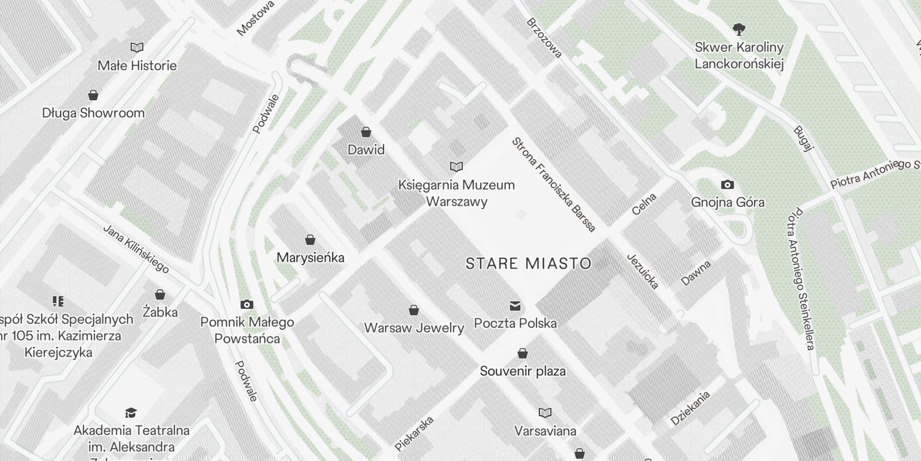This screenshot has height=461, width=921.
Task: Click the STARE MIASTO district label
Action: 528,264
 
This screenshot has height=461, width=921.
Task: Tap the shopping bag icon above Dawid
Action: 366,132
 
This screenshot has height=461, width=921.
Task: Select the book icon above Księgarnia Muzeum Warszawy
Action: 456,167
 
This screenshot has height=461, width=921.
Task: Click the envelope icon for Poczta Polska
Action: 515,305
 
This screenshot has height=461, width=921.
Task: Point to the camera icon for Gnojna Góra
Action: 728,184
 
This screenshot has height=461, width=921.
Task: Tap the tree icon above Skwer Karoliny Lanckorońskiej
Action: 739,29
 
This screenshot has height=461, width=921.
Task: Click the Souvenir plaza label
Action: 523,371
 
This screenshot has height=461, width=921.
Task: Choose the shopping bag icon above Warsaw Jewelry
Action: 413,311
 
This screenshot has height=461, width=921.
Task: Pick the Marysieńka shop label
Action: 310,258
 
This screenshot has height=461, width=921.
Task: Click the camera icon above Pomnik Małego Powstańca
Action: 247,304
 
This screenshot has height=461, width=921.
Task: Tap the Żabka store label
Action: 160,312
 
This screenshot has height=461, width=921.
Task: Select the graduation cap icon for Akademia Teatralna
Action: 131,413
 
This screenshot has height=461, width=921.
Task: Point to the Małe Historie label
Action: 137,66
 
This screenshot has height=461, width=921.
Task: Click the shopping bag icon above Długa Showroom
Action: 93,95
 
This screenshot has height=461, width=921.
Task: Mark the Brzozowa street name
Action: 543,38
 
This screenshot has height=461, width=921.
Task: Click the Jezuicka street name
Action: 642,271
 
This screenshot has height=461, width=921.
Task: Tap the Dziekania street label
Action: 690,408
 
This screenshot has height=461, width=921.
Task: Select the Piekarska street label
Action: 414,433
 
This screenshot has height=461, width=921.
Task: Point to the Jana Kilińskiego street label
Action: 136,248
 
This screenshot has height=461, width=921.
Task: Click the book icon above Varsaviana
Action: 545,413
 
